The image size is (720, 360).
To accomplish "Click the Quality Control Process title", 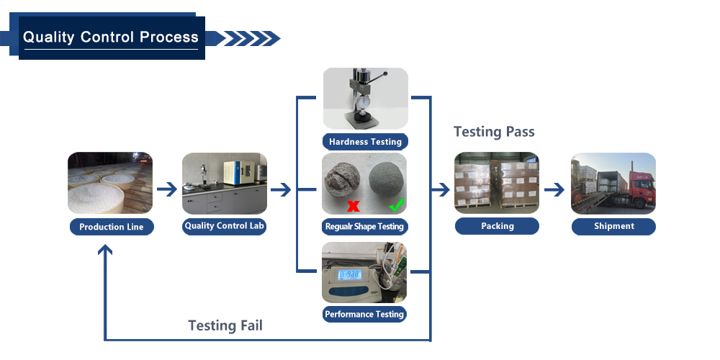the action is tap(111, 37).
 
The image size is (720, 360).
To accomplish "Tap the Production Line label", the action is tap(111, 227).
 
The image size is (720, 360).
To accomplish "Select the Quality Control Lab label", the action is tap(224, 226).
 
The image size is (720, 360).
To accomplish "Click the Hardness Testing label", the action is tap(365, 142).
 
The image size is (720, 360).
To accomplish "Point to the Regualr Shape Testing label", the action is tap(364, 226).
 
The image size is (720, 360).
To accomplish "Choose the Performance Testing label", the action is tap(364, 315).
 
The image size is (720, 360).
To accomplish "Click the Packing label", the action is tap(497, 226).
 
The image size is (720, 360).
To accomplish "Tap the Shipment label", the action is tap(613, 226).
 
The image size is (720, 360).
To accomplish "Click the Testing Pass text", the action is tap(494, 132).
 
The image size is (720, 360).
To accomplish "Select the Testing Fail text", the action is tap(225, 325).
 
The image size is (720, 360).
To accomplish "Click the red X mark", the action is tap(353, 206).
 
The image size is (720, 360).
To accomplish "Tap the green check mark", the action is tap(396, 204).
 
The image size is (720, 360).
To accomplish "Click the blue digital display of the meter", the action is tap(350, 274).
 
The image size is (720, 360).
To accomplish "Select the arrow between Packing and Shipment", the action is tap(554, 189).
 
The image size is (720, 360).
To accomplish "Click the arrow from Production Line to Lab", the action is tap(167, 189).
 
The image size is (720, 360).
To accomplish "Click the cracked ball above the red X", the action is tap(342, 183).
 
